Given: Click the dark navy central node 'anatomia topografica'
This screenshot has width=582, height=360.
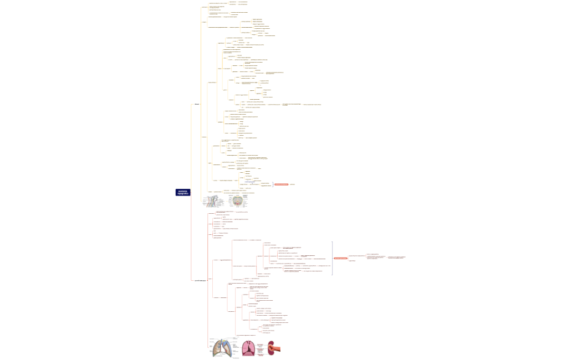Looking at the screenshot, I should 182,192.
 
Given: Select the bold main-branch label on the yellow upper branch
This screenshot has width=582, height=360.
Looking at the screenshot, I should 197,104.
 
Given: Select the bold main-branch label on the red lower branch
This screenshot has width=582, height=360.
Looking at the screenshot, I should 200,280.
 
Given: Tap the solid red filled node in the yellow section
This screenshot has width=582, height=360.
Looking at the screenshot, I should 281,184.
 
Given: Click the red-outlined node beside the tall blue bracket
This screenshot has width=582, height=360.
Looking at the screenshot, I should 340,258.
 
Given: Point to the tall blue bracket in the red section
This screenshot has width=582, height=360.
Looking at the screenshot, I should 331,258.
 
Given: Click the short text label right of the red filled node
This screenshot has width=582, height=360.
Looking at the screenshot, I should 292,184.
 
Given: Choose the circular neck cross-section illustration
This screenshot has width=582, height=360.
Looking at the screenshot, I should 237,200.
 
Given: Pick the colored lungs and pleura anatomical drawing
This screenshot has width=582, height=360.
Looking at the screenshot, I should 225,348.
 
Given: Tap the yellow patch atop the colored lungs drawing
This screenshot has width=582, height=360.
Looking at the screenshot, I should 224,340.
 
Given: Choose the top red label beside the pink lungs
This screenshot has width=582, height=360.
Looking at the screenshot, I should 260,344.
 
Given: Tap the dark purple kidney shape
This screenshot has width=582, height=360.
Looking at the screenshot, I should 271,348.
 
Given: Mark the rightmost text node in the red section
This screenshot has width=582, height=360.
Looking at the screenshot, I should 400,258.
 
